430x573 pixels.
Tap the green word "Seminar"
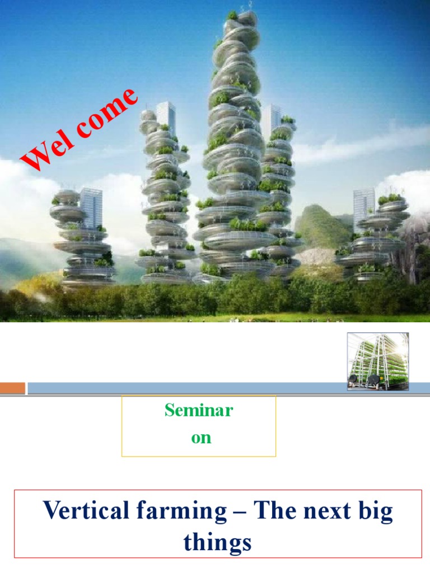[x=199, y=411]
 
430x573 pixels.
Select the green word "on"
[x=201, y=438]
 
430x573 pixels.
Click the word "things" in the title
[x=217, y=542]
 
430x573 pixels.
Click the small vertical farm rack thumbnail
[x=378, y=361]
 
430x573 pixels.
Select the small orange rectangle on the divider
[x=12, y=388]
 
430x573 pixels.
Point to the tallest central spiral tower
[x=233, y=140]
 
